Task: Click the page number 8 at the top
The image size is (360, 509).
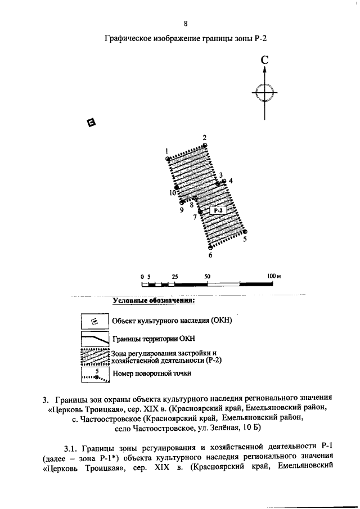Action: tap(185, 23)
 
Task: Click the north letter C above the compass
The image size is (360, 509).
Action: tap(264, 60)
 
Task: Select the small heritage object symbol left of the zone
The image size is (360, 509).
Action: tap(91, 123)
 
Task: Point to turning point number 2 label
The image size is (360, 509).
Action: tap(205, 138)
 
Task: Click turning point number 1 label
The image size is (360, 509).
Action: tap(167, 151)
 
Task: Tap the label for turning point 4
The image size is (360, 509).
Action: tap(231, 181)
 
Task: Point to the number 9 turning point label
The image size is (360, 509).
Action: tap(182, 210)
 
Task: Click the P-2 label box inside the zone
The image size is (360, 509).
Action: tap(218, 210)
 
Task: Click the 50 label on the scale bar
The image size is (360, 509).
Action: tap(207, 277)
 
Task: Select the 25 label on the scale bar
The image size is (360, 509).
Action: tap(175, 277)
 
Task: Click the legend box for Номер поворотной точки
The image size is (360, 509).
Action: tap(94, 374)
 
